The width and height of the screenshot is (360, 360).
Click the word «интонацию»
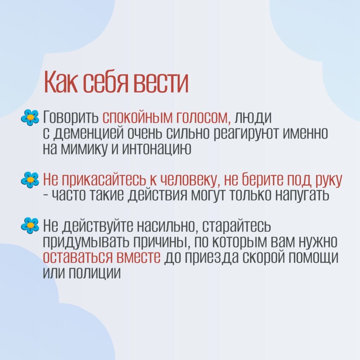click(x=156, y=148)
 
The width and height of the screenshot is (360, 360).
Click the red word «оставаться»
click(x=79, y=257)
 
